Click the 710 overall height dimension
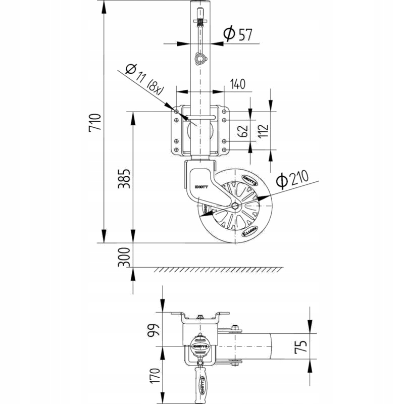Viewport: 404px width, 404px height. point(95,123)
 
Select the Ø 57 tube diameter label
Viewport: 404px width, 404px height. point(238,34)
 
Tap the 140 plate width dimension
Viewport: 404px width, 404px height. point(238,84)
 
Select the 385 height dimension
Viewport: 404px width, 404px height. point(125,178)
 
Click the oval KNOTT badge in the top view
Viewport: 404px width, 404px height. point(200,346)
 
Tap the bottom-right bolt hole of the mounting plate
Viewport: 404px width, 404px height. point(223,150)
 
